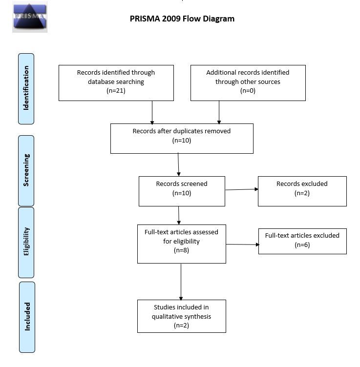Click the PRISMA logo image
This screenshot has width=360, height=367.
point(30,17)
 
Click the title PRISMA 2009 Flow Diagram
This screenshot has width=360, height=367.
point(182,19)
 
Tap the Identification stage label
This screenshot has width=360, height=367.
point(26,89)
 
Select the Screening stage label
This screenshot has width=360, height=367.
point(26,171)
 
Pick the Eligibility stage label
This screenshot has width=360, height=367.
point(26,243)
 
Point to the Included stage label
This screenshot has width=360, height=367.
point(27,317)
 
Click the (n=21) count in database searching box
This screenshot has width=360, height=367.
point(116,91)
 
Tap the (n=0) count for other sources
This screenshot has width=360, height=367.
point(248,91)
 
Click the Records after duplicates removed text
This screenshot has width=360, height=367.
point(182,131)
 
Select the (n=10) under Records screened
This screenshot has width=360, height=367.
point(182,193)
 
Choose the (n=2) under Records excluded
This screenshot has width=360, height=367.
point(302,193)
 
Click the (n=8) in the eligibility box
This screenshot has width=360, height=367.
point(181,250)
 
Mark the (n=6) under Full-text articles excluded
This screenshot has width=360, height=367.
point(302,245)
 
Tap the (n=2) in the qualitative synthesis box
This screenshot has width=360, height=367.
point(181,326)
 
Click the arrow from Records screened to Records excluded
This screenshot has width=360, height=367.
point(242,189)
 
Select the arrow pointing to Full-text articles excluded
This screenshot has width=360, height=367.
point(243,245)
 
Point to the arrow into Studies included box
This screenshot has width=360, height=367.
point(181,282)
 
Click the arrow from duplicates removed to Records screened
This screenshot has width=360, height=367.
point(178,164)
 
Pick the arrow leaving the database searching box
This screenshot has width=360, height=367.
point(152,113)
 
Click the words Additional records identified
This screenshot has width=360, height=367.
point(248,73)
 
